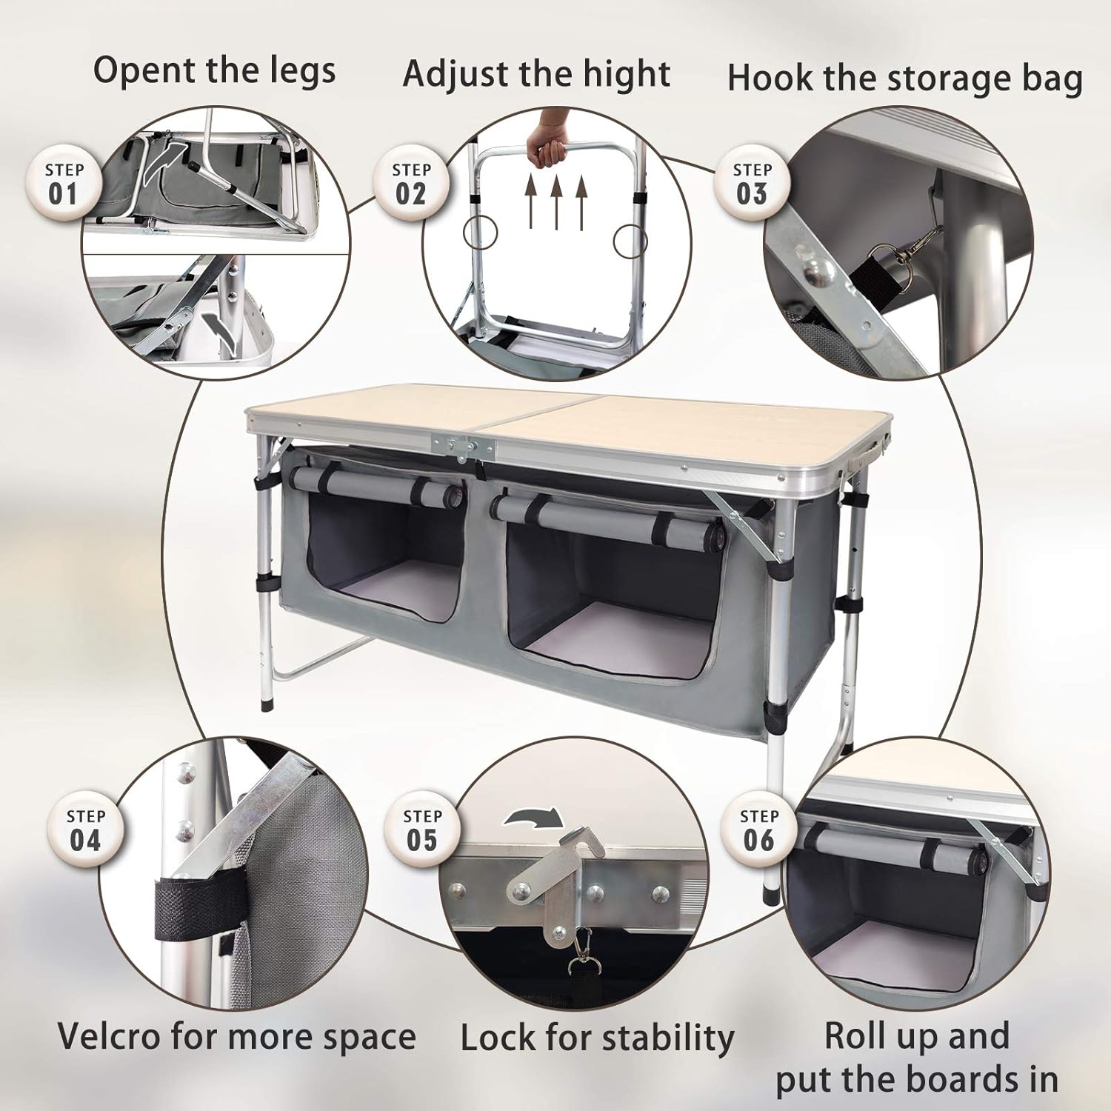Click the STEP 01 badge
pos(63,183)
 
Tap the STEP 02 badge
pos(411,183)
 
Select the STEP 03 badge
pos(752,183)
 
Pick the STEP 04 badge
pos(85,830)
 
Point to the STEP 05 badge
pos(422,830)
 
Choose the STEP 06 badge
pos(759,830)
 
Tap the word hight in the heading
pos(627,74)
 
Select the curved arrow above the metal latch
pos(533,818)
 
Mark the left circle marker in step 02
pos(479,232)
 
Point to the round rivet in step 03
pos(817,272)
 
